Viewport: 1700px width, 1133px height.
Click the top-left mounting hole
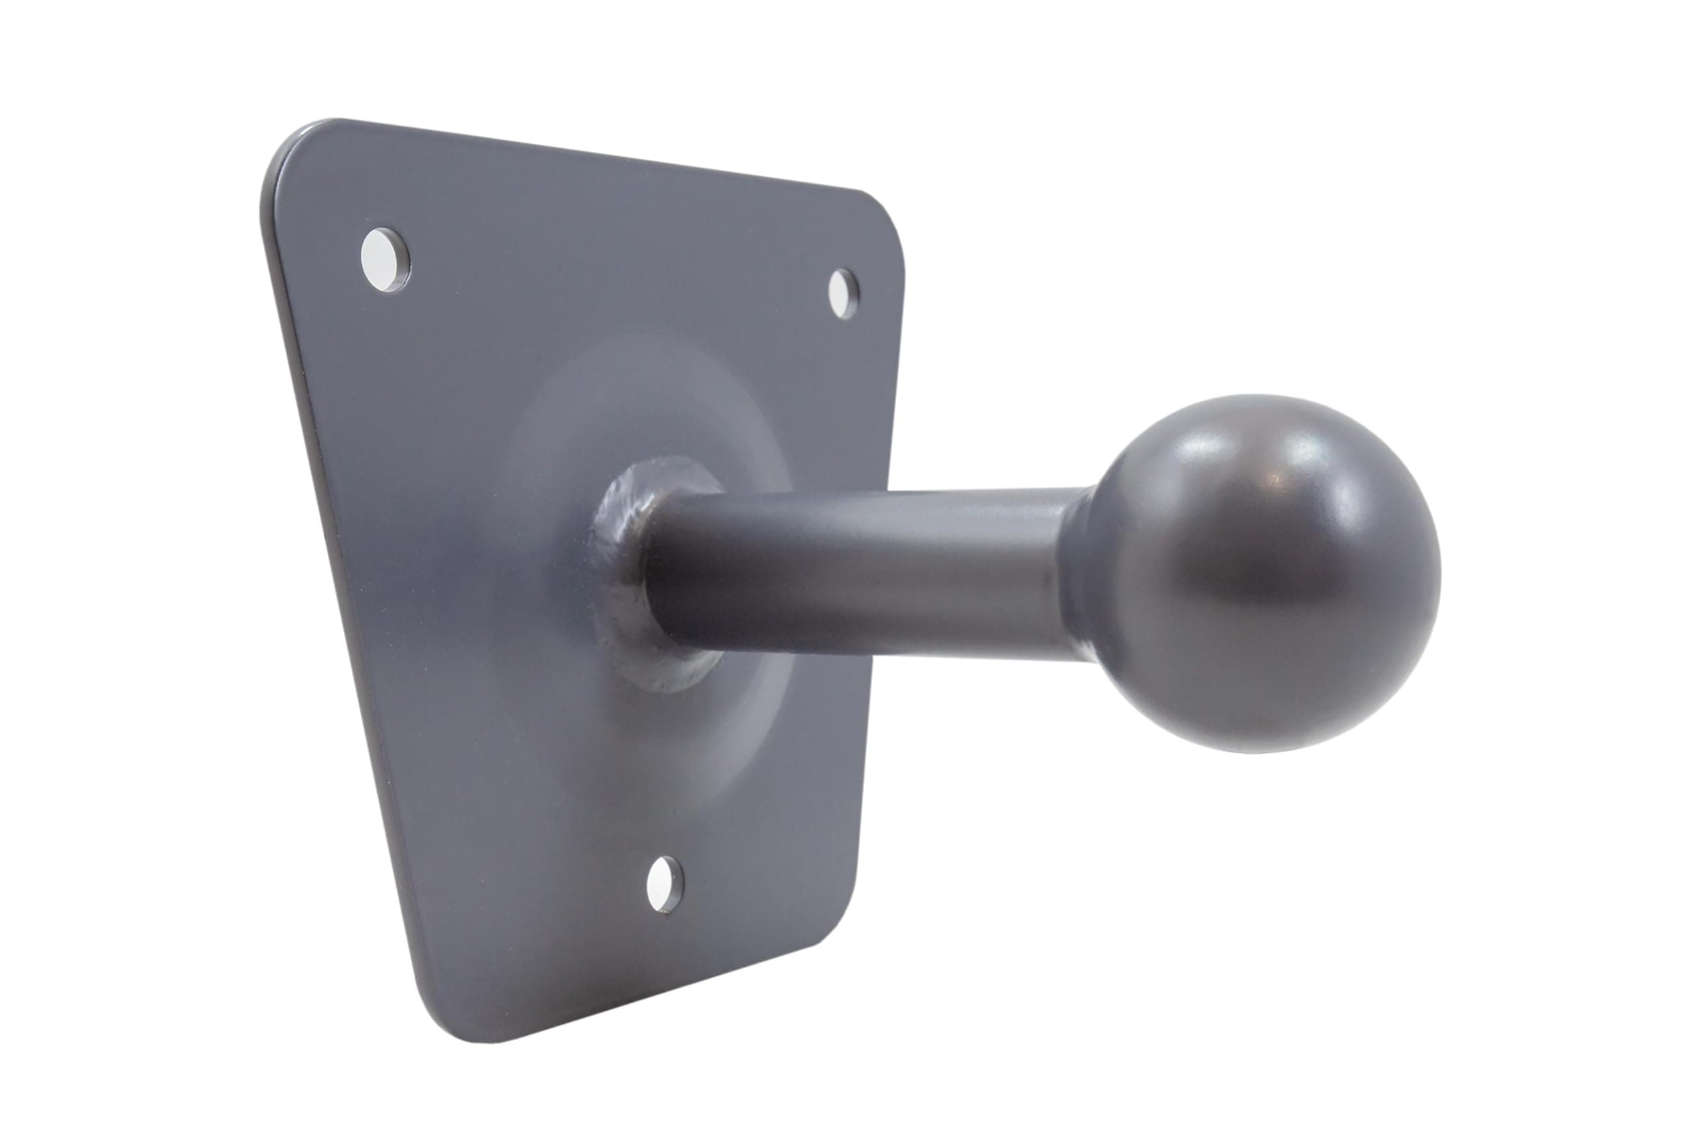pyautogui.click(x=385, y=260)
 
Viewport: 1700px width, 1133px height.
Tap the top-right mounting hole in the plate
pyautogui.click(x=843, y=293)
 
